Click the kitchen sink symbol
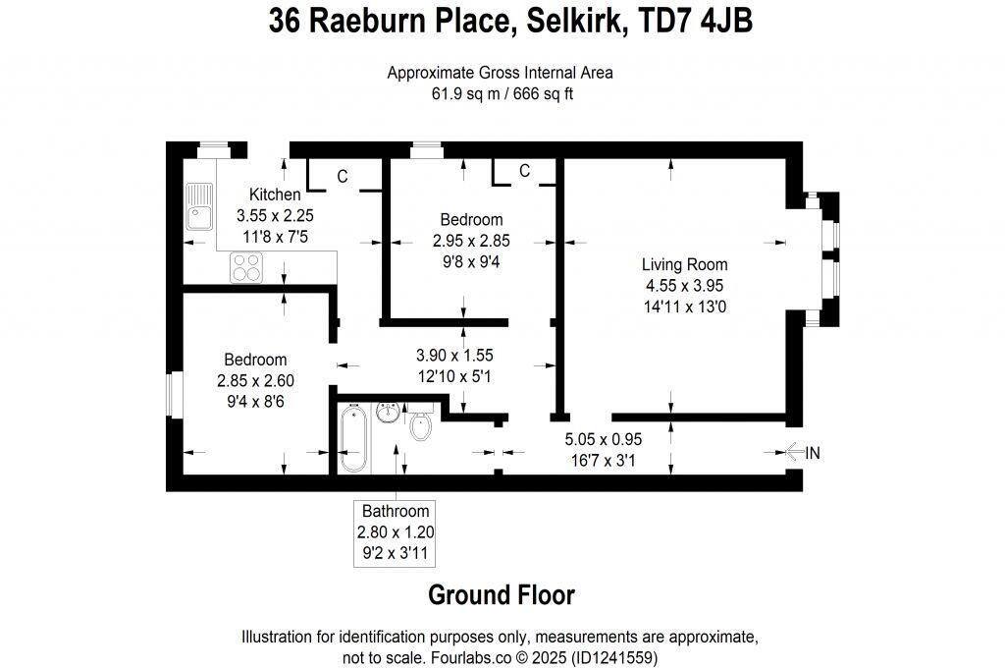200,207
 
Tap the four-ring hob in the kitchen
245,267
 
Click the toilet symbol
420,424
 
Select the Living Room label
684,264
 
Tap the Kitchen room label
274,195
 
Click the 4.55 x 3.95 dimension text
684,286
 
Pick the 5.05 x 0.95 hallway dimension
601,439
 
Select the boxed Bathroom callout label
396,531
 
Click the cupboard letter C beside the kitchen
343,177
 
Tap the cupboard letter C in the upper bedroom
524,171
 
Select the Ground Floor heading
502,594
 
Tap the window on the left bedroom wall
169,395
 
